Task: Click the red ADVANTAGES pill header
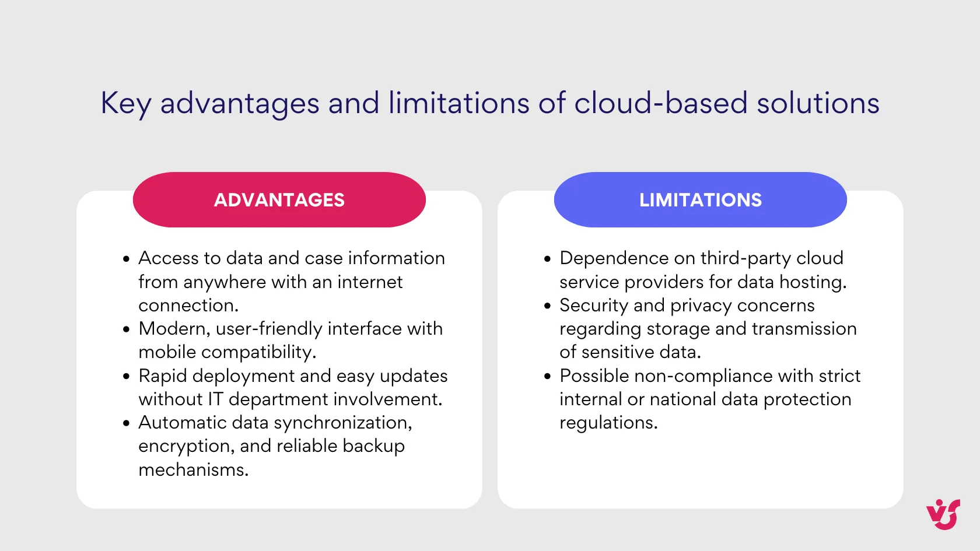(x=279, y=200)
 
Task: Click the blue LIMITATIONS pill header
(x=700, y=200)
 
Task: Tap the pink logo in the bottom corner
(x=943, y=514)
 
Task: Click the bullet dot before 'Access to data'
(x=126, y=259)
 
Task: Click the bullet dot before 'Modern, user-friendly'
(x=126, y=329)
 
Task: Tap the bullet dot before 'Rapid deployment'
(x=126, y=377)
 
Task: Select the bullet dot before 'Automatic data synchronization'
(x=126, y=423)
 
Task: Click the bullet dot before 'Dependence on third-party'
(x=547, y=259)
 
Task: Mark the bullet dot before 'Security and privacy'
(x=547, y=306)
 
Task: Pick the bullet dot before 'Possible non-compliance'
(x=547, y=377)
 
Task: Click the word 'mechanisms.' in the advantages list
(x=193, y=469)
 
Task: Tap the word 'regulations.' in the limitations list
(x=608, y=423)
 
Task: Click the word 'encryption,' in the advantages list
(x=186, y=447)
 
